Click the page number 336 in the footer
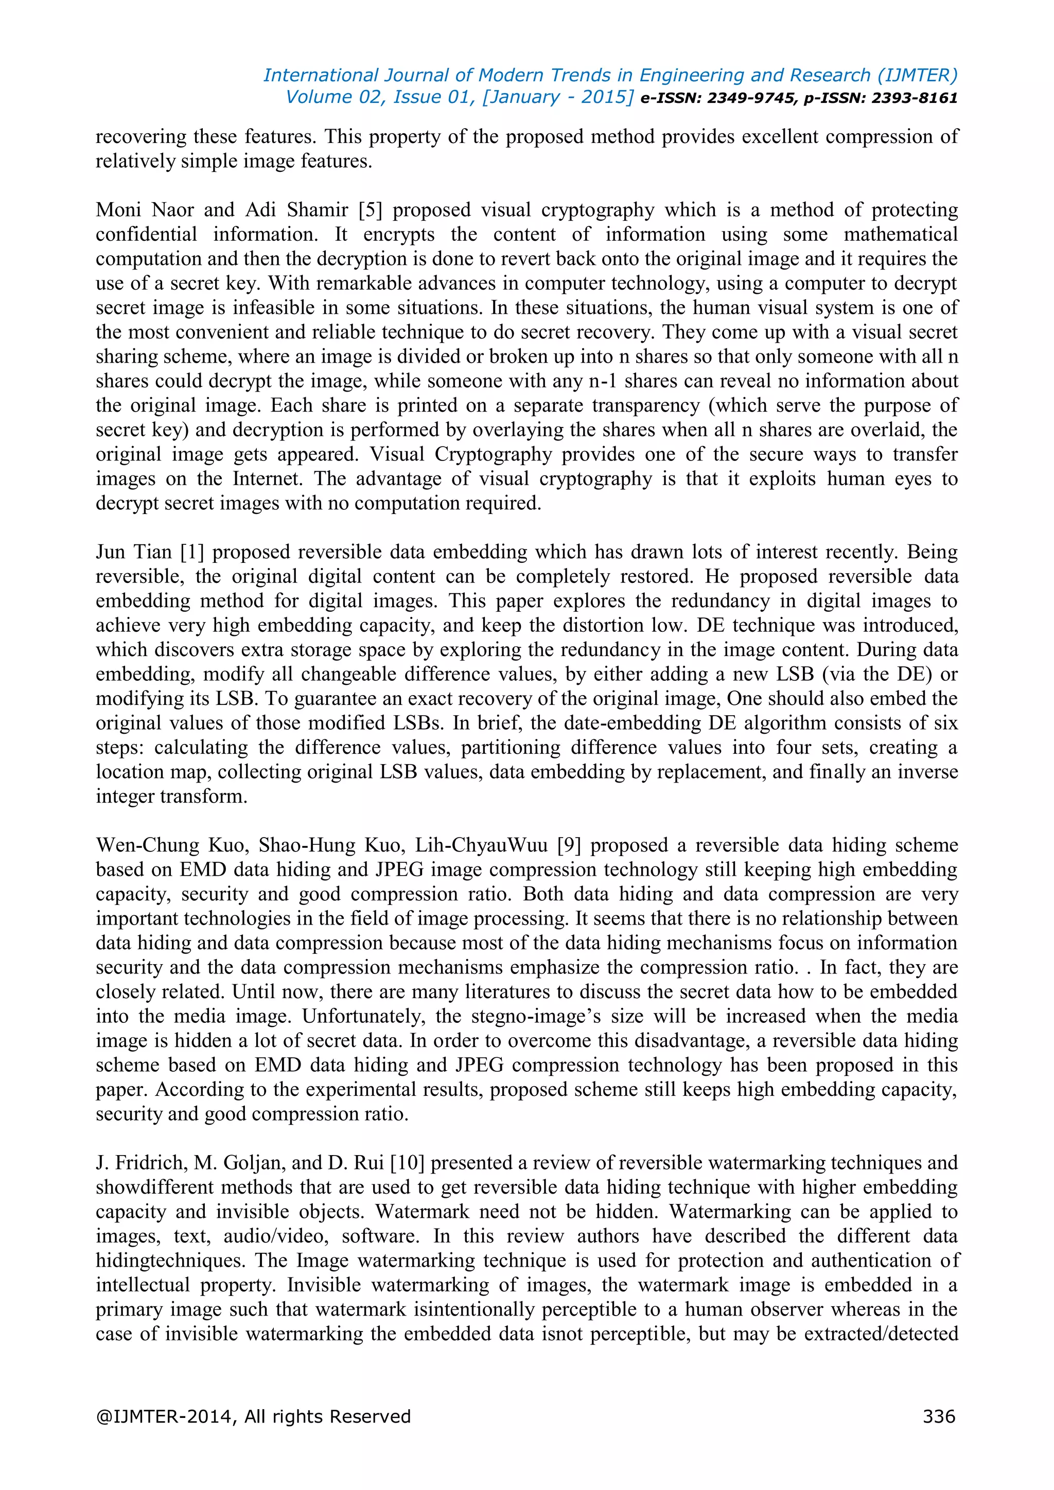coord(939,1416)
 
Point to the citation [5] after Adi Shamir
coord(370,210)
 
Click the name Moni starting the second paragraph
coord(119,210)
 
